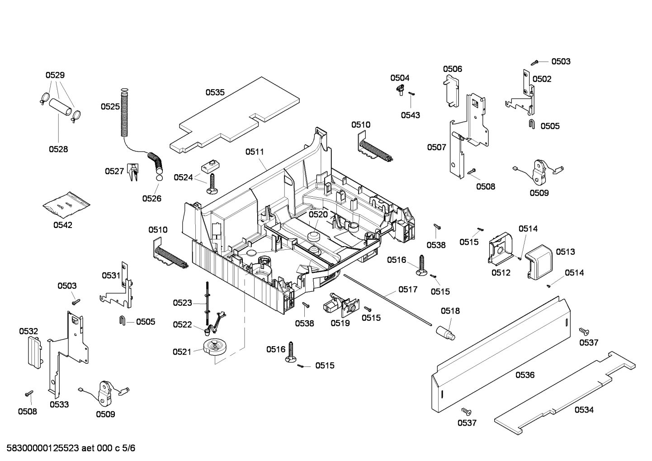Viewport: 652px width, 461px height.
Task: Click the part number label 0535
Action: click(x=215, y=92)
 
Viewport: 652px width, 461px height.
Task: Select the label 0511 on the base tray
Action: click(x=255, y=152)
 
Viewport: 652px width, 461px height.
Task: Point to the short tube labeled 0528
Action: click(x=61, y=107)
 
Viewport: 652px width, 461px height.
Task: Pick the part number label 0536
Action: click(x=524, y=375)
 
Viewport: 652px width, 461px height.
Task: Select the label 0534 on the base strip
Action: click(x=584, y=410)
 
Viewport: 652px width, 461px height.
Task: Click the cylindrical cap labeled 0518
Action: click(x=445, y=330)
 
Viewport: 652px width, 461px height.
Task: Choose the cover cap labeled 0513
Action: click(x=540, y=259)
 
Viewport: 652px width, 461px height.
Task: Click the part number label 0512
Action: click(x=501, y=272)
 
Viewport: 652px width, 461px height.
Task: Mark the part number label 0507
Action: click(x=436, y=147)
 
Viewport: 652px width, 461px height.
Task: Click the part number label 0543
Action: click(x=410, y=115)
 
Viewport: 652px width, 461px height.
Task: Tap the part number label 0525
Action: click(x=110, y=107)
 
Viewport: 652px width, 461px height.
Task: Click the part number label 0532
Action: click(x=28, y=331)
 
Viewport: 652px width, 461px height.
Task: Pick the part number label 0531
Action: click(x=111, y=275)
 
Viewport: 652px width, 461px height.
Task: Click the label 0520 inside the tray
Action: click(x=318, y=214)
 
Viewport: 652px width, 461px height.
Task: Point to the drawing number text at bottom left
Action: click(x=68, y=448)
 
